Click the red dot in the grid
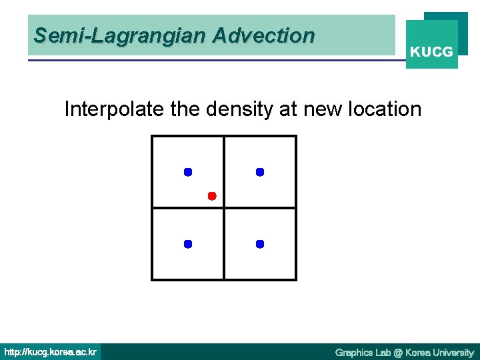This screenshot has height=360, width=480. point(211,196)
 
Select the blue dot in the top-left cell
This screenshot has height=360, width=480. point(188,172)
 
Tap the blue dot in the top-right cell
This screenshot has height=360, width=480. point(260,172)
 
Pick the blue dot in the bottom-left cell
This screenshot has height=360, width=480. point(188,244)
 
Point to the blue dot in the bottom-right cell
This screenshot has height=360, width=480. point(260,244)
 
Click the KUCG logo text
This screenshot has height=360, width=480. point(431,51)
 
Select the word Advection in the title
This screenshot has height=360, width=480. point(263,35)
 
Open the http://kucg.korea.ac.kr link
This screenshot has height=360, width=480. point(51,352)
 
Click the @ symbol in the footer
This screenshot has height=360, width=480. point(399,352)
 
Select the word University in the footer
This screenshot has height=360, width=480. point(452,352)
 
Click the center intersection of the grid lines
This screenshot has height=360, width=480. point(224,208)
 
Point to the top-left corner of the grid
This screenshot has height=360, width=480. point(153,137)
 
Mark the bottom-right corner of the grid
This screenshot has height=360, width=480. point(295,279)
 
